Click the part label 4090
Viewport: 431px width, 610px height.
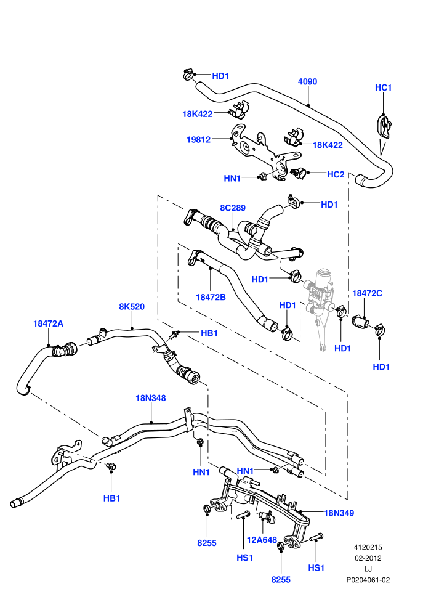[307, 82]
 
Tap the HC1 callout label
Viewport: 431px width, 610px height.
[383, 87]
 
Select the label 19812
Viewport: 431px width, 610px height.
[199, 139]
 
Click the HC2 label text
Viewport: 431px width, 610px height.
[336, 174]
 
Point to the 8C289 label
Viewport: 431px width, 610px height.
[233, 208]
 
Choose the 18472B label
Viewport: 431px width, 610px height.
[211, 297]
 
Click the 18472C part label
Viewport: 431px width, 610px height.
[367, 293]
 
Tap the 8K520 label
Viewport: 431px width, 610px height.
[132, 307]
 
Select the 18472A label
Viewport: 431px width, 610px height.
[48, 323]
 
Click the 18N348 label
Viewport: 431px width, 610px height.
[151, 398]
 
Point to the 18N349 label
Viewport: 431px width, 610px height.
[339, 513]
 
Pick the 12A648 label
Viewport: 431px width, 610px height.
[262, 540]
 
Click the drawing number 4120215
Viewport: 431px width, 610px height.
[368, 547]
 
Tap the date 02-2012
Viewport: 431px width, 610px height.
[368, 558]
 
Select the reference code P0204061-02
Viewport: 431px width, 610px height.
[368, 580]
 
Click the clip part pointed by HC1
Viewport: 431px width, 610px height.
[384, 126]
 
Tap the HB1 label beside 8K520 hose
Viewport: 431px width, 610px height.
[209, 333]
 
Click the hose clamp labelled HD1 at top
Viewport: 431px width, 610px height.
[188, 74]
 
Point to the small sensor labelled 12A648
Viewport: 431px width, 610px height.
[265, 516]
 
